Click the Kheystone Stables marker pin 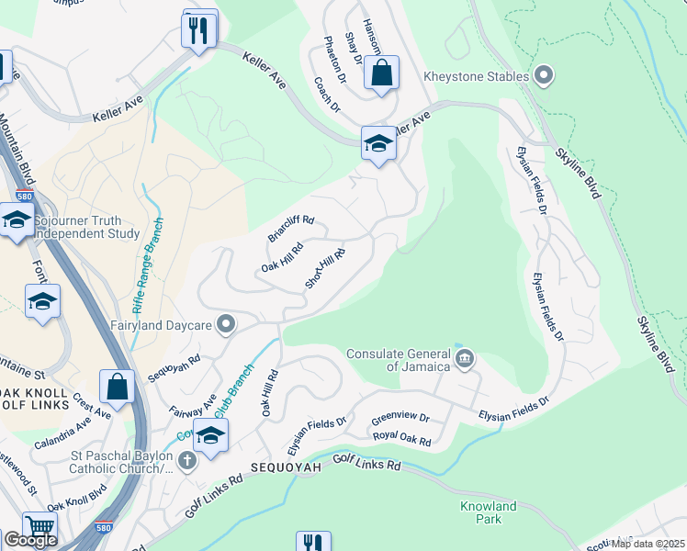[544, 75]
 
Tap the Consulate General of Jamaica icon [465, 357]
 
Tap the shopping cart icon [39, 528]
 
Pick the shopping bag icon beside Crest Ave [118, 387]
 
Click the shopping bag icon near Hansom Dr [381, 72]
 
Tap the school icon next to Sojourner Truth [17, 219]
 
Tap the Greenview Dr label [400, 420]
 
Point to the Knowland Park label [489, 512]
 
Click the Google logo [30, 540]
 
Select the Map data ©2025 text [647, 544]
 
